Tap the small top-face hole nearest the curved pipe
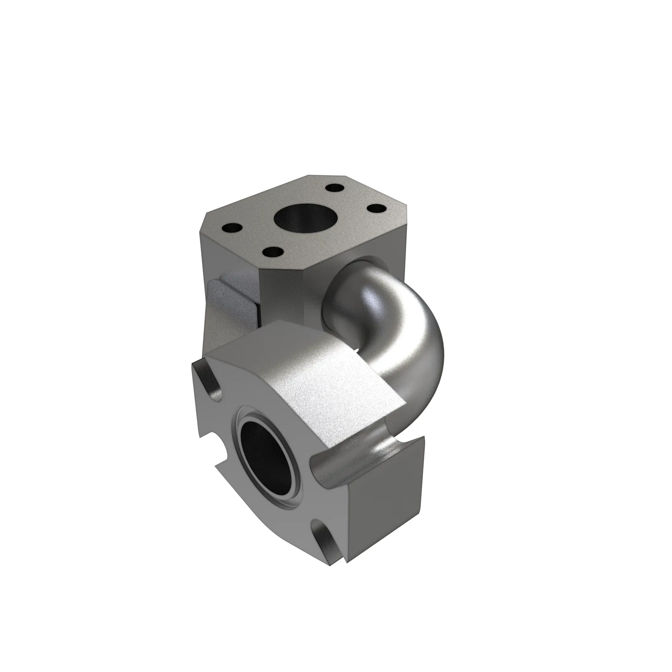pyautogui.click(x=377, y=209)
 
